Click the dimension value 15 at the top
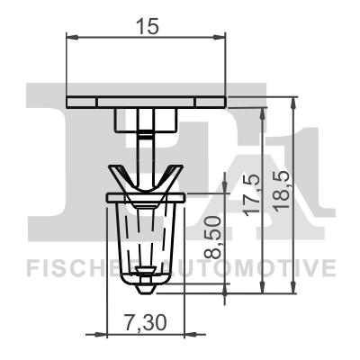click(147, 26)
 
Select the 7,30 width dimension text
click(146, 320)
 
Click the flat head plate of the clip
click(146, 99)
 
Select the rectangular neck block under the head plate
click(145, 118)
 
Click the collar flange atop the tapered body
click(145, 195)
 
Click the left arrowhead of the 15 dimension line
click(73, 38)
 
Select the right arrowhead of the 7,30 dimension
click(178, 333)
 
